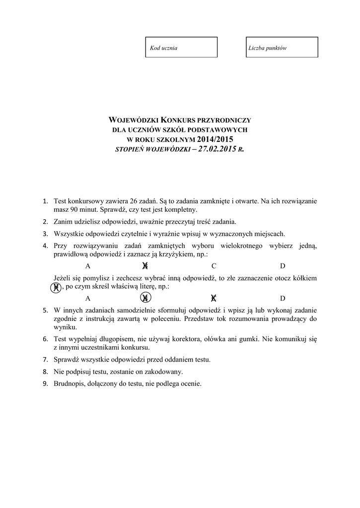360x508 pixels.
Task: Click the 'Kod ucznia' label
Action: coord(164,49)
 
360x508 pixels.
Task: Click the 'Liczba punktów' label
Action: coord(268,49)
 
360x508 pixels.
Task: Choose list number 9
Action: coord(45,383)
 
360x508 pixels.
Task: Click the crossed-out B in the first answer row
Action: coord(145,266)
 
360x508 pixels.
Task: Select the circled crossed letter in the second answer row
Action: coord(145,298)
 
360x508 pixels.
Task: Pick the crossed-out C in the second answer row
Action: coord(214,298)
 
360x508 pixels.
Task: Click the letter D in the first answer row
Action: coord(283,266)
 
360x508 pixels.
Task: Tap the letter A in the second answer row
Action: coord(88,298)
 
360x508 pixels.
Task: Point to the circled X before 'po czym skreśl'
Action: coord(57,287)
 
